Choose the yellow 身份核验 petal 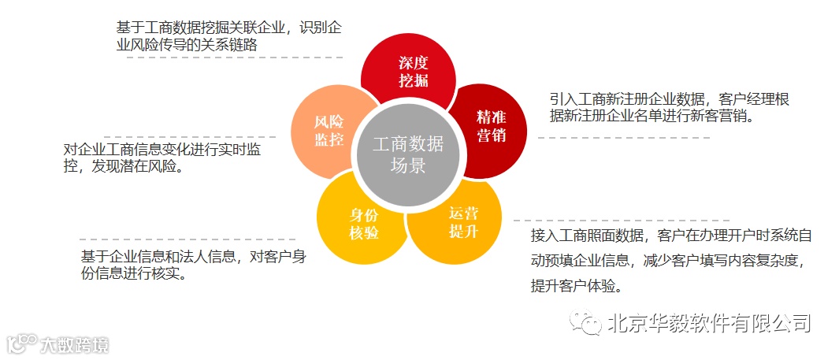(x=363, y=224)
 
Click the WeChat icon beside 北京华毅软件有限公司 (x=586, y=323)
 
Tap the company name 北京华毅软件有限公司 (x=708, y=323)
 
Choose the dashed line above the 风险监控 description (x=189, y=137)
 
